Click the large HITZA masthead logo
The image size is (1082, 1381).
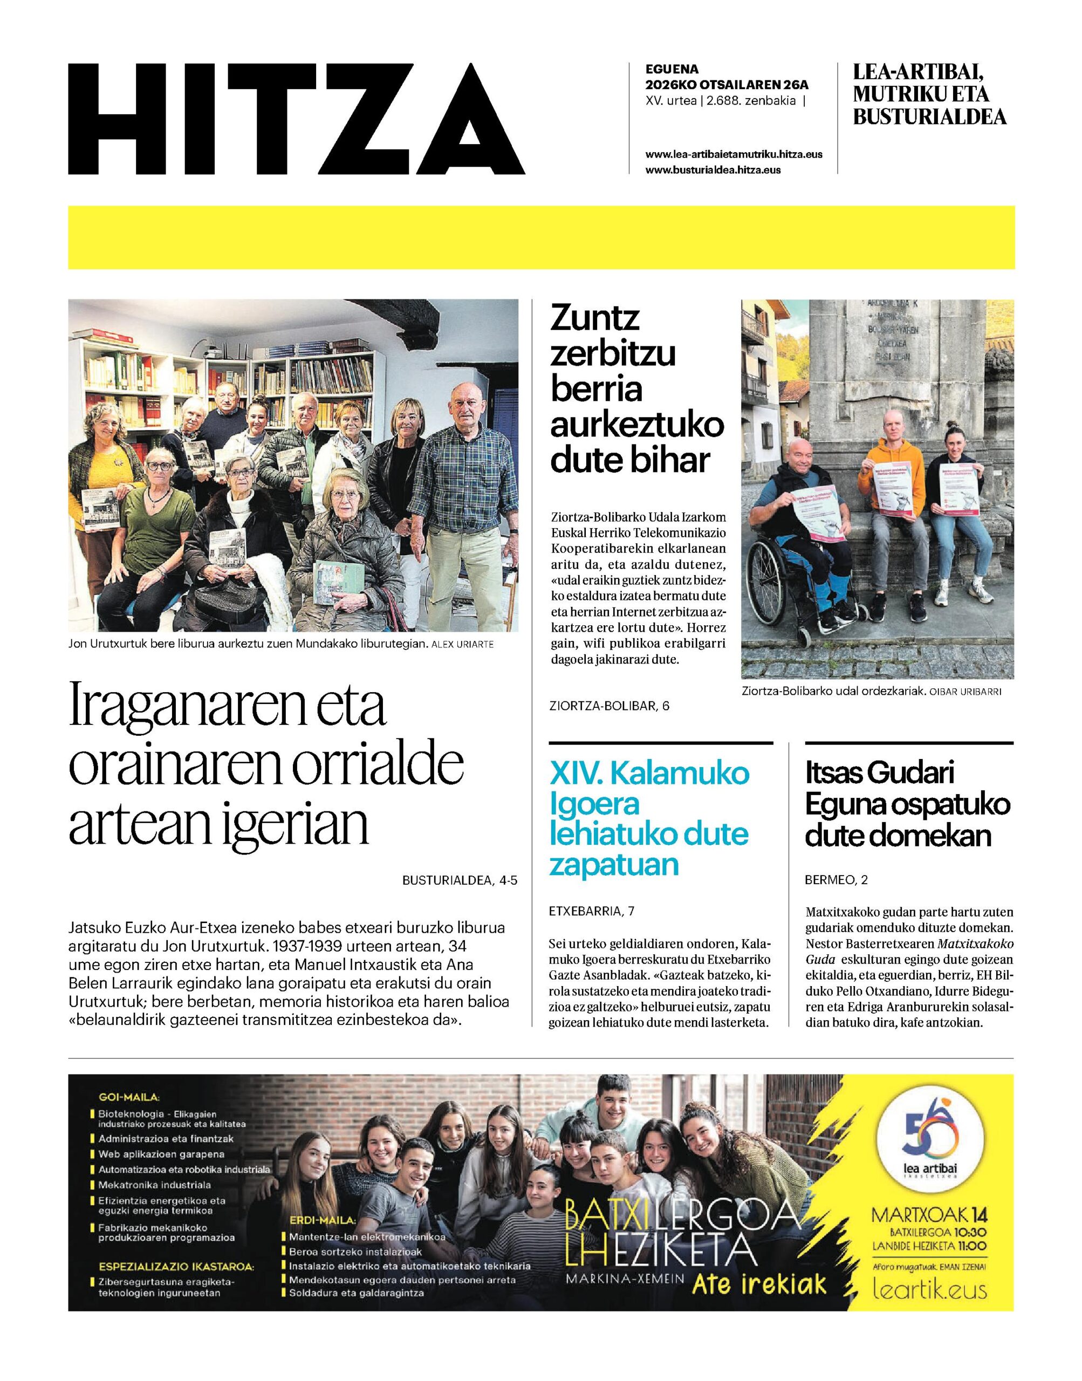(x=297, y=119)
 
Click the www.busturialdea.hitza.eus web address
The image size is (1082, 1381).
(x=713, y=170)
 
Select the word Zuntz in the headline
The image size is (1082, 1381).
(x=595, y=319)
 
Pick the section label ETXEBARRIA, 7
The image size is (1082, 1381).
(x=592, y=912)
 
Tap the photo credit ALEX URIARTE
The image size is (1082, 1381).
(x=462, y=645)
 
